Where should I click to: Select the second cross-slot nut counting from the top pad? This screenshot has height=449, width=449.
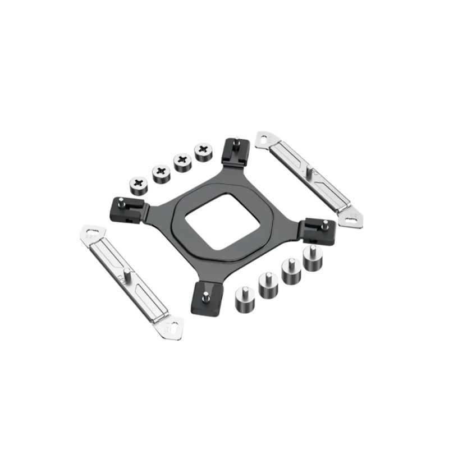click(x=181, y=162)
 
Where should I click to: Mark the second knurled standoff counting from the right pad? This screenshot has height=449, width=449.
click(x=291, y=272)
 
